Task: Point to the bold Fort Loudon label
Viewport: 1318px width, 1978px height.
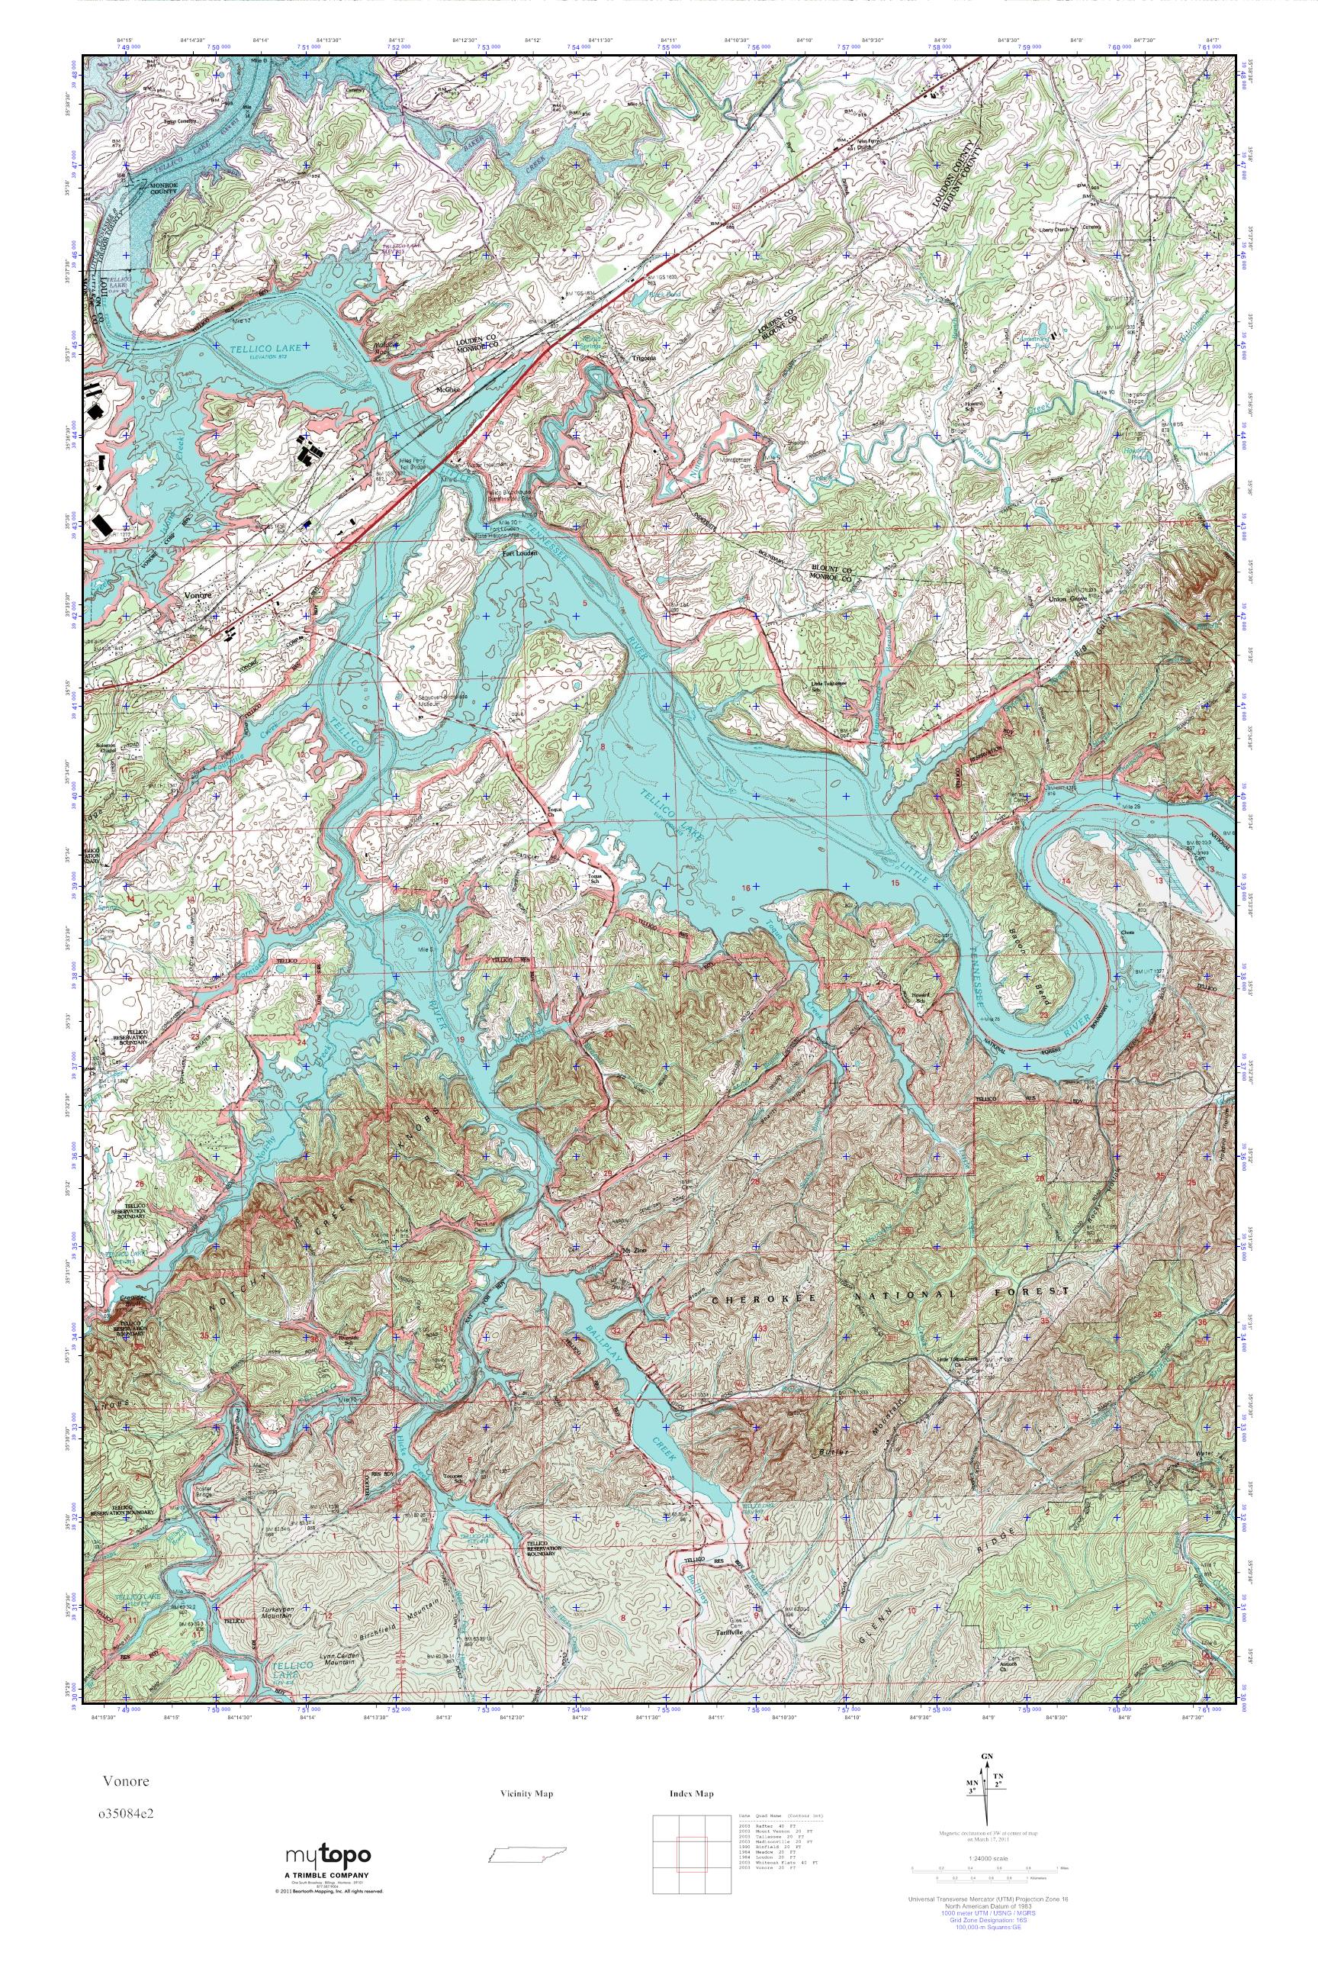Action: click(519, 554)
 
